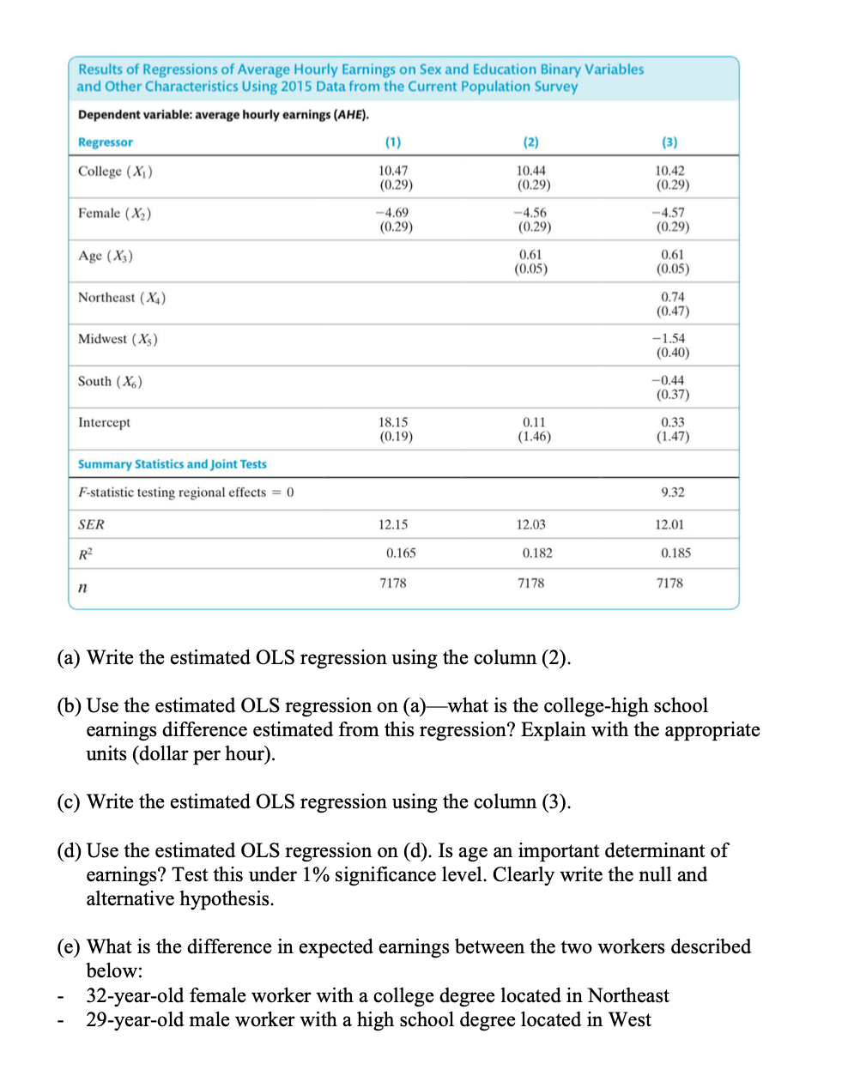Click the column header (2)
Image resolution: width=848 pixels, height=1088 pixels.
click(530, 142)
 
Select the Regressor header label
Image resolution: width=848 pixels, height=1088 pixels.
click(106, 142)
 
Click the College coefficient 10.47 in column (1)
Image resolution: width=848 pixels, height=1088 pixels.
click(393, 171)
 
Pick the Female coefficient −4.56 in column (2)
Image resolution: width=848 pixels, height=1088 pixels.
click(530, 213)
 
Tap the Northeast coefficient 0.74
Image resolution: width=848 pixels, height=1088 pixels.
click(672, 297)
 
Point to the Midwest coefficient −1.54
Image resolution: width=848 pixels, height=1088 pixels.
click(669, 338)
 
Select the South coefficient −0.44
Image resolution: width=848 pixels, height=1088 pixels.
click(669, 380)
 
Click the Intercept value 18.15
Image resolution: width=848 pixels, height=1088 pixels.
click(393, 422)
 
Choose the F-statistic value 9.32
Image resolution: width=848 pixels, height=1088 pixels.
click(672, 492)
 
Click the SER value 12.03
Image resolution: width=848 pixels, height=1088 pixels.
click(530, 524)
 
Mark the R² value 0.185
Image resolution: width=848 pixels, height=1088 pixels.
click(675, 553)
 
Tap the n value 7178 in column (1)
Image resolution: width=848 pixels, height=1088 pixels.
click(393, 583)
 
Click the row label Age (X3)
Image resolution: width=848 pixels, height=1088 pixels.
click(106, 256)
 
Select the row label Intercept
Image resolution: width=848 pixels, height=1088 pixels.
click(105, 422)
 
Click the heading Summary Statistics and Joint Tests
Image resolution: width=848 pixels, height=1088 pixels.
click(172, 464)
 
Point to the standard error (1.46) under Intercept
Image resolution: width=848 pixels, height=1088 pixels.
click(533, 437)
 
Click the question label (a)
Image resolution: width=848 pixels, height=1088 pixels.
click(69, 658)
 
